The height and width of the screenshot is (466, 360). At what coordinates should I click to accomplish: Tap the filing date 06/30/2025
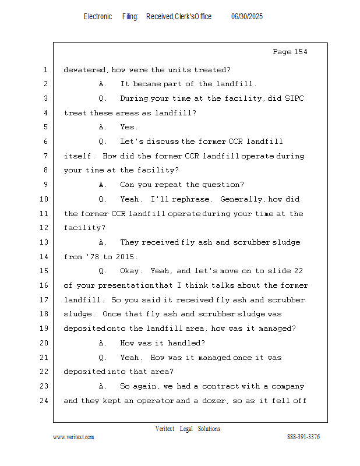(247, 16)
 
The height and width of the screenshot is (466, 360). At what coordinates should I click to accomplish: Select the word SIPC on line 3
(294, 98)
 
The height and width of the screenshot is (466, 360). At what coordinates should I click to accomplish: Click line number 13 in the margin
(44, 242)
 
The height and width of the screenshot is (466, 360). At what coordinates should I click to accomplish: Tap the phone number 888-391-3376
(303, 436)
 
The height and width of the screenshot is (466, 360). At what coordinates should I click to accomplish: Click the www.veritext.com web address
(73, 436)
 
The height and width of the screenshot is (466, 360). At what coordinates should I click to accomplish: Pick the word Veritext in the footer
(164, 429)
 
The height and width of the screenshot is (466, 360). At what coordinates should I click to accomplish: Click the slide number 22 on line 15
(298, 271)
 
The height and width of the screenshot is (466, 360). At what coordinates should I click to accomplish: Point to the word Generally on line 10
(241, 199)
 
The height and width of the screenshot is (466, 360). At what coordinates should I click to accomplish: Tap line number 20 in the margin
(44, 343)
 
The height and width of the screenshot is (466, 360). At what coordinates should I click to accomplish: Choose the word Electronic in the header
(98, 16)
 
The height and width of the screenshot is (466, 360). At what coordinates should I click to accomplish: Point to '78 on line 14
(93, 256)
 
